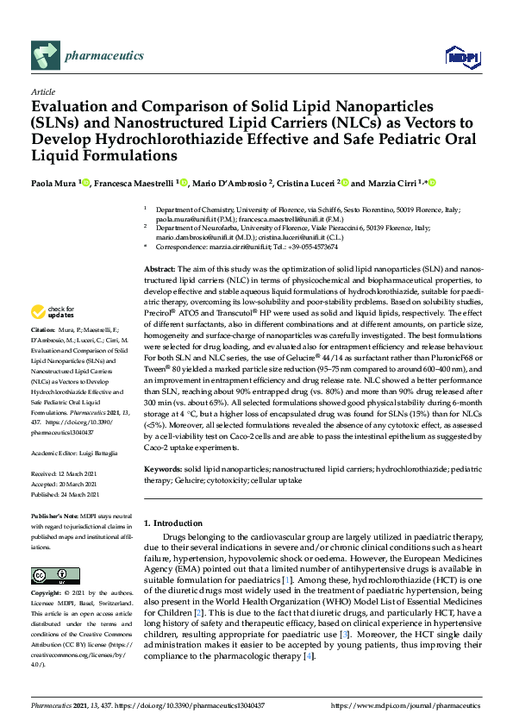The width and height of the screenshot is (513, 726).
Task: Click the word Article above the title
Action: (42, 91)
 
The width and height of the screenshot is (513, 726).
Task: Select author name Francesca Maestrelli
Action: (134, 184)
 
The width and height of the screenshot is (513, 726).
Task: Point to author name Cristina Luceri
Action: (306, 184)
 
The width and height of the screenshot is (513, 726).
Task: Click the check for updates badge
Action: (53, 311)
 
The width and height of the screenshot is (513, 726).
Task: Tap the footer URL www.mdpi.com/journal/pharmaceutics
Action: (422, 705)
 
